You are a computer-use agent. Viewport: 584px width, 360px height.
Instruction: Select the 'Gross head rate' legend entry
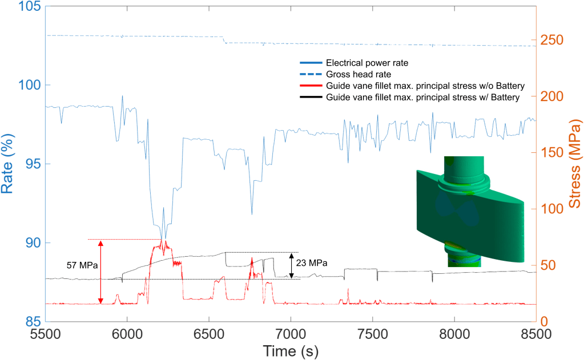pyautogui.click(x=358, y=74)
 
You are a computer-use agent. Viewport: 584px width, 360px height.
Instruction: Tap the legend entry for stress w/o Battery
pyautogui.click(x=425, y=86)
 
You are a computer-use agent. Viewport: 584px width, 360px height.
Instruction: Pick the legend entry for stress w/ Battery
pyautogui.click(x=422, y=98)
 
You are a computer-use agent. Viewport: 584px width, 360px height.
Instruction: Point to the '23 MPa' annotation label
pyautogui.click(x=312, y=264)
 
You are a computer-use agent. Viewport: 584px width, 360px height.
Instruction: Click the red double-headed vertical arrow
pyautogui.click(x=101, y=272)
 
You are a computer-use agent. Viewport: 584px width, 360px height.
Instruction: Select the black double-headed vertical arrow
pyautogui.click(x=291, y=265)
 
